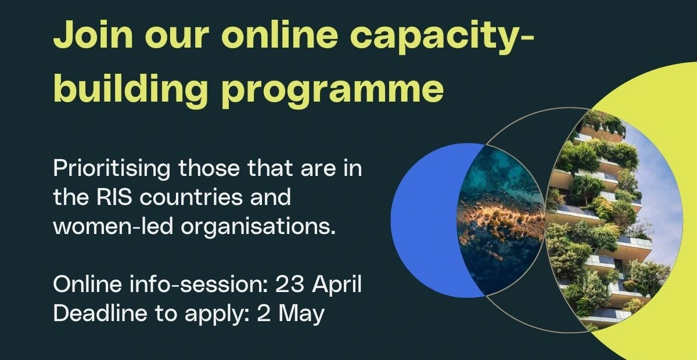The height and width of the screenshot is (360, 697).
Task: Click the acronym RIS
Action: point(114,197)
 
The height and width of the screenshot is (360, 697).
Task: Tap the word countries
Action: point(191,197)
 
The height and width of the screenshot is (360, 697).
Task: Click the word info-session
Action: point(199,284)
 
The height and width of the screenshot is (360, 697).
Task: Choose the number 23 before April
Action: point(289,285)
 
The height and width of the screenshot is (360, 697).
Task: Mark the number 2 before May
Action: point(264,314)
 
